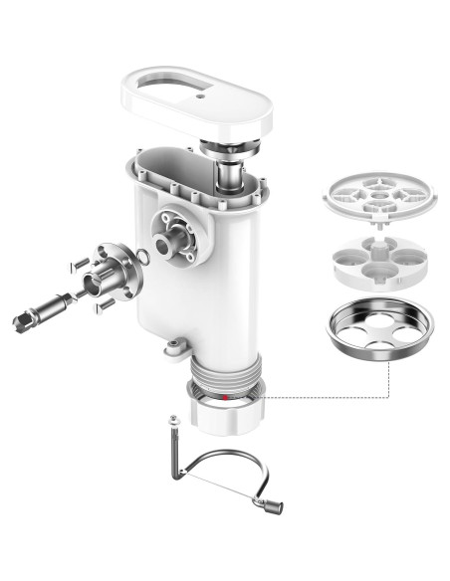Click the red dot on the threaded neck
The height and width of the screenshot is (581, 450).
tap(227, 397)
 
